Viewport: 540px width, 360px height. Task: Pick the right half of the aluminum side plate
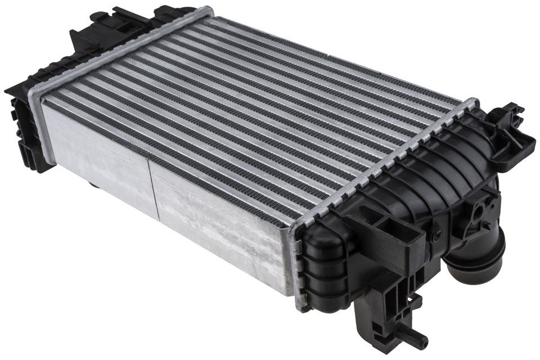(x=219, y=225)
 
